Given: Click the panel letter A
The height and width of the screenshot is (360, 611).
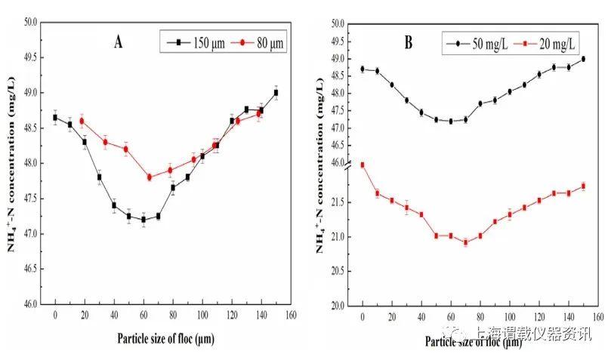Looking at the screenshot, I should (x=118, y=42).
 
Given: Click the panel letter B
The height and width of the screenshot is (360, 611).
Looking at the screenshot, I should (x=408, y=42).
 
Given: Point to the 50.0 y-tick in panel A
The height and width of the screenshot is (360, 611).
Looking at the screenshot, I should (x=29, y=22).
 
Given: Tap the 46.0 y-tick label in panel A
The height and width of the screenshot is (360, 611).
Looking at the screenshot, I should (x=29, y=304).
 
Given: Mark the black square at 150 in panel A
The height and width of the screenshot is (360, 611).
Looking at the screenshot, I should (x=276, y=93).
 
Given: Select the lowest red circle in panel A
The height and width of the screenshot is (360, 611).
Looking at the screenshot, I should (x=150, y=177).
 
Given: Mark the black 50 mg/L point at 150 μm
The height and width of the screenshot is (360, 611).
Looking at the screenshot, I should (x=583, y=59).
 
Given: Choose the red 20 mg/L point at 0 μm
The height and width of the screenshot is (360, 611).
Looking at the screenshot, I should (x=363, y=165).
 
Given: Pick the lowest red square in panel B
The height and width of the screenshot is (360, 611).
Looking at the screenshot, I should (x=465, y=243).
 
